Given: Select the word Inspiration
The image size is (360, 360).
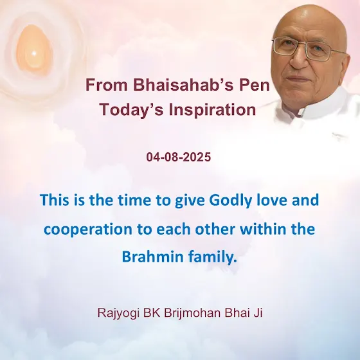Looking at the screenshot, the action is click(212, 110).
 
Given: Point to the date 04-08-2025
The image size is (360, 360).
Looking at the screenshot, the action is click(179, 157).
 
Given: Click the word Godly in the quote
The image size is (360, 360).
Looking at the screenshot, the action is click(230, 201).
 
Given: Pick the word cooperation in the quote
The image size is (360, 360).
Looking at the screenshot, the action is click(88, 230).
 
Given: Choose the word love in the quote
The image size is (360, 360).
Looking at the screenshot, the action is click(271, 200).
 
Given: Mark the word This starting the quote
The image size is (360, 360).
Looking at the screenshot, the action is click(55, 200).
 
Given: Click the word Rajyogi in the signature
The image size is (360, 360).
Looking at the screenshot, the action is click(118, 313).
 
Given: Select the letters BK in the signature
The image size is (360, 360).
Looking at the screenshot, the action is click(152, 312).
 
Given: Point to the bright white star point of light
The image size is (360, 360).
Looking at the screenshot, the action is click(34, 54).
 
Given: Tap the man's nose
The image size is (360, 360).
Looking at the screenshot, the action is click(298, 61).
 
